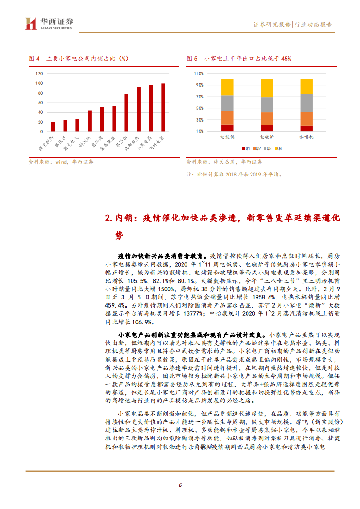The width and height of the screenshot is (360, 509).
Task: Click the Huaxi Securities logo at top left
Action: click(x=49, y=24)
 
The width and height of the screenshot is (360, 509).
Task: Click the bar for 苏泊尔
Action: click(x=127, y=113)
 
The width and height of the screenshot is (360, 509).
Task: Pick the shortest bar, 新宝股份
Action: click(x=53, y=127)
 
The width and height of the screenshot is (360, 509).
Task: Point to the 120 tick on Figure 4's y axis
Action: click(x=39, y=73)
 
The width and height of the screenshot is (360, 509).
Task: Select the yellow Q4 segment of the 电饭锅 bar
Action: click(x=227, y=88)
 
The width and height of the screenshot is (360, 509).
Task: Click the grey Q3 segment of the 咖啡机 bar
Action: click(x=306, y=103)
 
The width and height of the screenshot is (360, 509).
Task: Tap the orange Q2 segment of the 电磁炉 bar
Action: click(x=267, y=118)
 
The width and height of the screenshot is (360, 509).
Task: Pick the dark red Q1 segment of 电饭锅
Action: click(x=227, y=128)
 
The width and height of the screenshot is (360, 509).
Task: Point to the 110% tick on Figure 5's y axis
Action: click(x=198, y=73)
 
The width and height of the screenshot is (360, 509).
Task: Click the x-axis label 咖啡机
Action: click(x=306, y=136)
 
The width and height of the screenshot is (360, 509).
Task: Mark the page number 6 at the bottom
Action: click(x=180, y=485)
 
